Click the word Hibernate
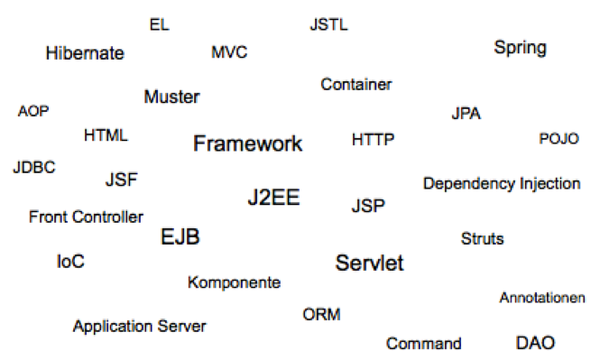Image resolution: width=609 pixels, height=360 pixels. click(x=85, y=54)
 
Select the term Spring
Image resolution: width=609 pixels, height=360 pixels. click(x=520, y=48)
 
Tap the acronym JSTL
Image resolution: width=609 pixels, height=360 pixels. click(x=328, y=25)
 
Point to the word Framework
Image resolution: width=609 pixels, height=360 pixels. click(x=248, y=143)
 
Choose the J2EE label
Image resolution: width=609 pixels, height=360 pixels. click(x=273, y=198)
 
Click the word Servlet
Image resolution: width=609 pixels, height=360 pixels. click(x=369, y=263)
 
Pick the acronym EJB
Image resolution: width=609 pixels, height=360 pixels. click(x=180, y=237)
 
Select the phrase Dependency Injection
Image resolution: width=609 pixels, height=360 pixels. click(x=502, y=184)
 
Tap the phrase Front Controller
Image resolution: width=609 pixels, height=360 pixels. click(x=86, y=217)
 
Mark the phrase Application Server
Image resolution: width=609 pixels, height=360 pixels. click(x=139, y=327)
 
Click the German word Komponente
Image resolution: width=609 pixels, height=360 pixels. click(x=234, y=283)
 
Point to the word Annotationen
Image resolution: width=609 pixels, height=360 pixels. click(x=542, y=298)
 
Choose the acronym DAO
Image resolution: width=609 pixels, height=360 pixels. click(x=535, y=343)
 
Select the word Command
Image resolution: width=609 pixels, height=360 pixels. click(x=423, y=344)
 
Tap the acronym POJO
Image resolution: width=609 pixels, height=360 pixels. click(x=558, y=139)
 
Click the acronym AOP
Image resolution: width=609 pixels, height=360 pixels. click(x=33, y=112)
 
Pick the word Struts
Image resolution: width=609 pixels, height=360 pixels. click(x=482, y=239)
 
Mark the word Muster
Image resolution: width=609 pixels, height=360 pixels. click(x=171, y=97)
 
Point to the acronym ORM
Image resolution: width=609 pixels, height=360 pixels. click(x=321, y=315)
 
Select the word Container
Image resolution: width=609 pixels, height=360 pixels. click(x=356, y=85)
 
